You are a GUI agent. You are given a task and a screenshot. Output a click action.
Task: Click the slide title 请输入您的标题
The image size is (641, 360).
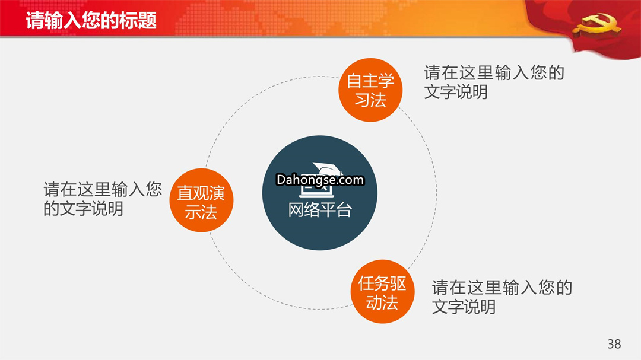[91, 20]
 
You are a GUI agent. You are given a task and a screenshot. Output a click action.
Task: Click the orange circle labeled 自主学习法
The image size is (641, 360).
[370, 90]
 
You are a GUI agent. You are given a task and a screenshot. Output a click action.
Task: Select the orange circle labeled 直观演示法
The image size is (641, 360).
[201, 200]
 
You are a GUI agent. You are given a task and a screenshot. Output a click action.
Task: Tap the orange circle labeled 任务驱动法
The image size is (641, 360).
[382, 291]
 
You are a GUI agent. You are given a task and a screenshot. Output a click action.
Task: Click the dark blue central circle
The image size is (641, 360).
[320, 193]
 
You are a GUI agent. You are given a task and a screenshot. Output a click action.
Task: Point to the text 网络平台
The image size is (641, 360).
[320, 210]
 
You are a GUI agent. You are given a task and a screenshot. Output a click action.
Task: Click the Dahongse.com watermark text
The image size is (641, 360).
[320, 180]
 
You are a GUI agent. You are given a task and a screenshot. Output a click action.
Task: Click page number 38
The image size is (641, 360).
[614, 343]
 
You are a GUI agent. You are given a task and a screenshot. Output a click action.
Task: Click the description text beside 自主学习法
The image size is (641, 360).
[494, 82]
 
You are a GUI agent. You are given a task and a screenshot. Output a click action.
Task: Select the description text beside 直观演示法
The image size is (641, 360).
[103, 199]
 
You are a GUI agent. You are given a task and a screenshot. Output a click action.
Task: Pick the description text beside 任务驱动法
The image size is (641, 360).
[502, 297]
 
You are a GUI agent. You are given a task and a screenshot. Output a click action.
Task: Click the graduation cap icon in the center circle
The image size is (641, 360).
[327, 168]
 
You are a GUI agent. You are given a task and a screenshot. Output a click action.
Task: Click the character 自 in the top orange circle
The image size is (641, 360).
[354, 81]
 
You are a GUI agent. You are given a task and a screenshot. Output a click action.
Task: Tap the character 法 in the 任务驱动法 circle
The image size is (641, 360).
[390, 302]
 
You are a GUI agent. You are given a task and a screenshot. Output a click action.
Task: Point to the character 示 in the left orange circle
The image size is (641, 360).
[193, 212]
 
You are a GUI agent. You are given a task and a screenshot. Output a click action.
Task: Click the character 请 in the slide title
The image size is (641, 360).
[35, 20]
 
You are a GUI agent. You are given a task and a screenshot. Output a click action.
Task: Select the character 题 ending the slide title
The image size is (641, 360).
[148, 20]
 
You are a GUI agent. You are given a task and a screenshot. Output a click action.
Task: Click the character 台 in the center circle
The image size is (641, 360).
[344, 210]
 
